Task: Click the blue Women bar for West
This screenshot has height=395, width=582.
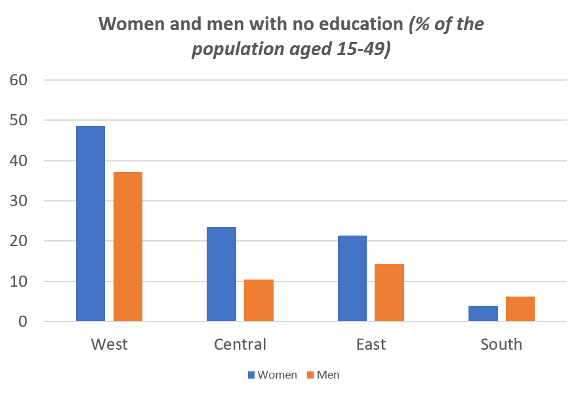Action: tap(91, 223)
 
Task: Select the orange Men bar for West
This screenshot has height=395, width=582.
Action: tap(128, 246)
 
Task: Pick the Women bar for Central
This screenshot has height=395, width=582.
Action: tap(221, 274)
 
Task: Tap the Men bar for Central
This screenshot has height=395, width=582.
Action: tap(259, 300)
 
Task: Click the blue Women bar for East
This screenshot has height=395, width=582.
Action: tap(352, 278)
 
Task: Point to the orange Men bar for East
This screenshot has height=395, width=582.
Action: tap(389, 292)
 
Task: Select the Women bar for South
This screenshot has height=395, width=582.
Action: tap(483, 313)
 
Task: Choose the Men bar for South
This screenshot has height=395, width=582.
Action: tap(520, 308)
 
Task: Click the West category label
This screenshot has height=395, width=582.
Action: tap(110, 344)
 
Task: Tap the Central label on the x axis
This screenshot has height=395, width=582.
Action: tap(240, 344)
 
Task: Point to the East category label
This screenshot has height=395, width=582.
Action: tap(371, 344)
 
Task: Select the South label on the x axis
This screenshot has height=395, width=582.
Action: tap(501, 344)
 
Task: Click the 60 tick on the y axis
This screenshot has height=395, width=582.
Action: tap(18, 80)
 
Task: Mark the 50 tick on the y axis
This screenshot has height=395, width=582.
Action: tap(18, 121)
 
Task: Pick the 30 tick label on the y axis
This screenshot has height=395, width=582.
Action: tap(18, 201)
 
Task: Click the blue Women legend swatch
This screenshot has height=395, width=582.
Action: tap(251, 375)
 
